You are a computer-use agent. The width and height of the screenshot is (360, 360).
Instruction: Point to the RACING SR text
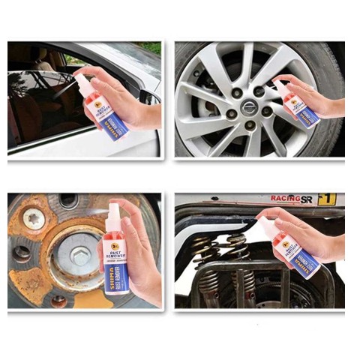(x=292, y=199)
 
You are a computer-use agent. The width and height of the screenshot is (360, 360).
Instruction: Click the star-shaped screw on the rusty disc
(x=34, y=220)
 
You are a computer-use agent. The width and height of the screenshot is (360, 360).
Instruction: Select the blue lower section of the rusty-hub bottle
(x=118, y=277)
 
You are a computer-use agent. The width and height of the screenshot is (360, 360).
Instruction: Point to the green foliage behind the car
(x=150, y=47)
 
